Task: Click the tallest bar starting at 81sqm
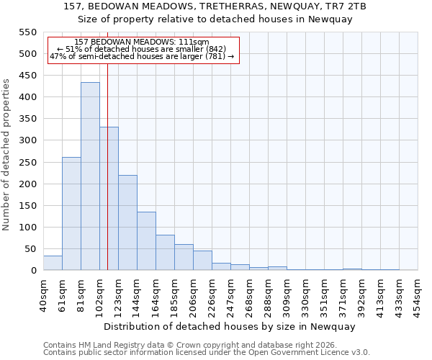click(x=90, y=176)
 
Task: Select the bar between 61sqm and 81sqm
click(x=71, y=214)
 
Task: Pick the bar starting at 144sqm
click(x=146, y=241)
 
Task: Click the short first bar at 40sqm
click(x=53, y=264)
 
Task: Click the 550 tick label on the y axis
click(x=27, y=32)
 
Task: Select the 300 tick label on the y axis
click(x=27, y=140)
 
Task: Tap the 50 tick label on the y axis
click(x=30, y=249)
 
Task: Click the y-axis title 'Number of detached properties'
click(x=6, y=155)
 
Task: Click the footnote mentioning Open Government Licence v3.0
click(x=207, y=352)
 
